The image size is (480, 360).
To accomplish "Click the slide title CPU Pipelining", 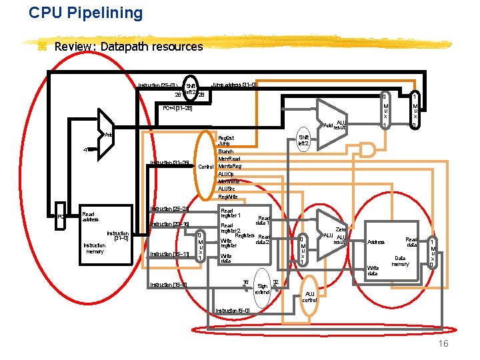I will tap(86, 13).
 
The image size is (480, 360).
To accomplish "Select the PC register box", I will tap(61, 217).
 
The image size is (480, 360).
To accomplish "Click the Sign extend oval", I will tap(262, 289).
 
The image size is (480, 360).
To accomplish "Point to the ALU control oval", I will tap(309, 296).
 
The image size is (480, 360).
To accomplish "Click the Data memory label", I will tap(400, 261).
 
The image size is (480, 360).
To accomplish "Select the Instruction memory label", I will tap(95, 248).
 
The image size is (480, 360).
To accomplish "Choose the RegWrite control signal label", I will tap(229, 196).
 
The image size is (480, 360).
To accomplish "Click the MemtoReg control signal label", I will tap(230, 166).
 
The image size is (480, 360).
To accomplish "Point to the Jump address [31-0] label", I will tap(229, 85).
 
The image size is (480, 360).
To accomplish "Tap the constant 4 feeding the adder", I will tap(85, 149).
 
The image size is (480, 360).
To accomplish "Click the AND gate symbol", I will tap(367, 149).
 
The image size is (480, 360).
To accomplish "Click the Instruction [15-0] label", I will tap(169, 285).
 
